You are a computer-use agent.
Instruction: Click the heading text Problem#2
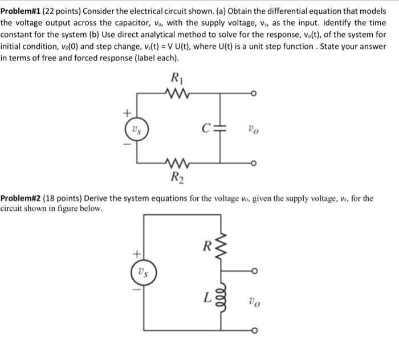[x=21, y=198]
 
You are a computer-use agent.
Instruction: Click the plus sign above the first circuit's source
[x=128, y=112]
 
